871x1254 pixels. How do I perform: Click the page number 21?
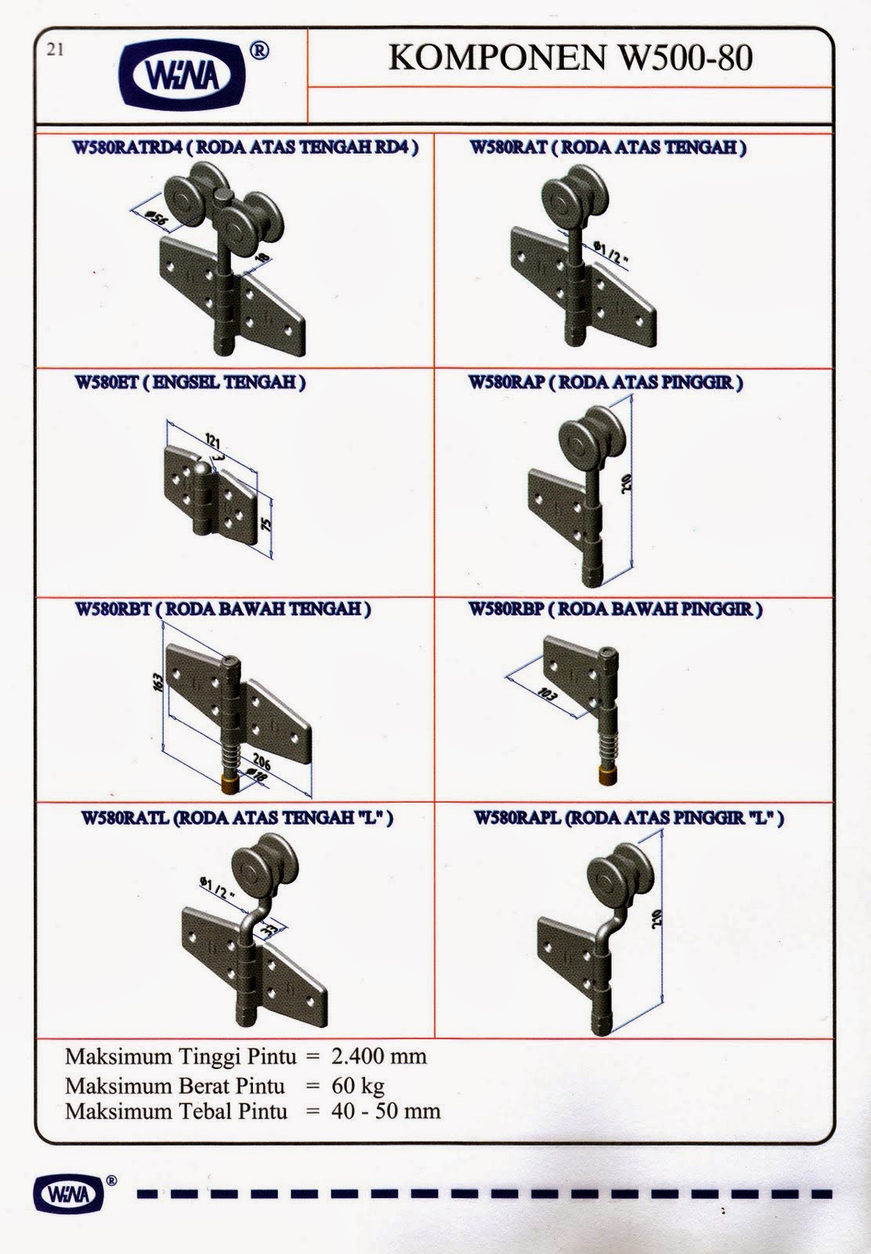[x=55, y=50]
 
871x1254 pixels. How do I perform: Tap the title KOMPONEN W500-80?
[x=570, y=58]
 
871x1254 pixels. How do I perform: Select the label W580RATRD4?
[x=127, y=147]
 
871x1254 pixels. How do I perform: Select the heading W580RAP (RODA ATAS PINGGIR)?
[x=605, y=382]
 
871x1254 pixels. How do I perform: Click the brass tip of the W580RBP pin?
[x=605, y=776]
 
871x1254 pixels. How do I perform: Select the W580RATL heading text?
[x=237, y=818]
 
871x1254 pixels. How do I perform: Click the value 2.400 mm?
[x=379, y=1056]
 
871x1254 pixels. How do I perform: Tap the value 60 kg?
[x=358, y=1085]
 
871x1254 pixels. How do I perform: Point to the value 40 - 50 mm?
[x=385, y=1111]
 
